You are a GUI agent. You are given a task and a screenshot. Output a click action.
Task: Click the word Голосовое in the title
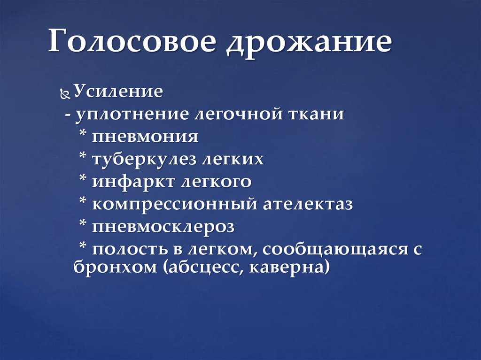(133, 43)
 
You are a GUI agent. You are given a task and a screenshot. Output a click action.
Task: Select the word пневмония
(145, 137)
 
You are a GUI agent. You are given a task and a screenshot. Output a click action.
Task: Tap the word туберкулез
(146, 159)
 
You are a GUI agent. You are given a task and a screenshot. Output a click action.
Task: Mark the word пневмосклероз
(163, 227)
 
